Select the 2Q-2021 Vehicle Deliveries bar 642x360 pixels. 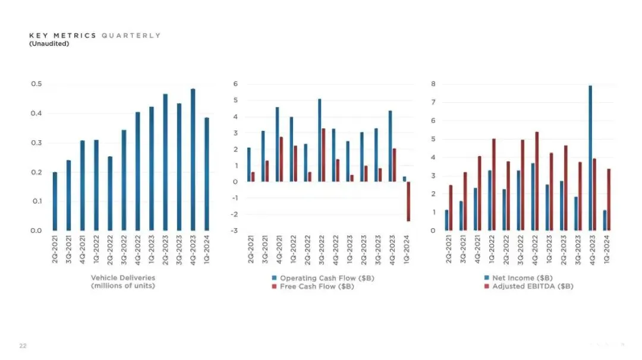click(x=55, y=201)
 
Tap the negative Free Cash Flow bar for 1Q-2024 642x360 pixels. click(x=408, y=201)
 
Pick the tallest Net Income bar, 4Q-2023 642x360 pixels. click(x=590, y=158)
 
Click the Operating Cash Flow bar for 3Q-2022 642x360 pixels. click(x=319, y=140)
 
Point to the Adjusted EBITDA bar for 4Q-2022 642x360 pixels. click(x=537, y=181)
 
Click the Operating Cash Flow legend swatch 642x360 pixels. click(x=274, y=278)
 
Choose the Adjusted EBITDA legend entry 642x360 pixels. click(x=529, y=286)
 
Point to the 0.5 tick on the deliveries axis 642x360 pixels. click(x=36, y=84)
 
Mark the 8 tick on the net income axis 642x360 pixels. click(x=433, y=84)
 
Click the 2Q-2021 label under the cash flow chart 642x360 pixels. click(x=250, y=250)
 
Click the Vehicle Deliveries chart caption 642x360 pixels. click(x=123, y=282)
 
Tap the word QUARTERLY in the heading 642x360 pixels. click(x=131, y=36)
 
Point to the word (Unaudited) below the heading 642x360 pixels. click(x=49, y=43)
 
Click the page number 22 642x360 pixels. click(x=23, y=346)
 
